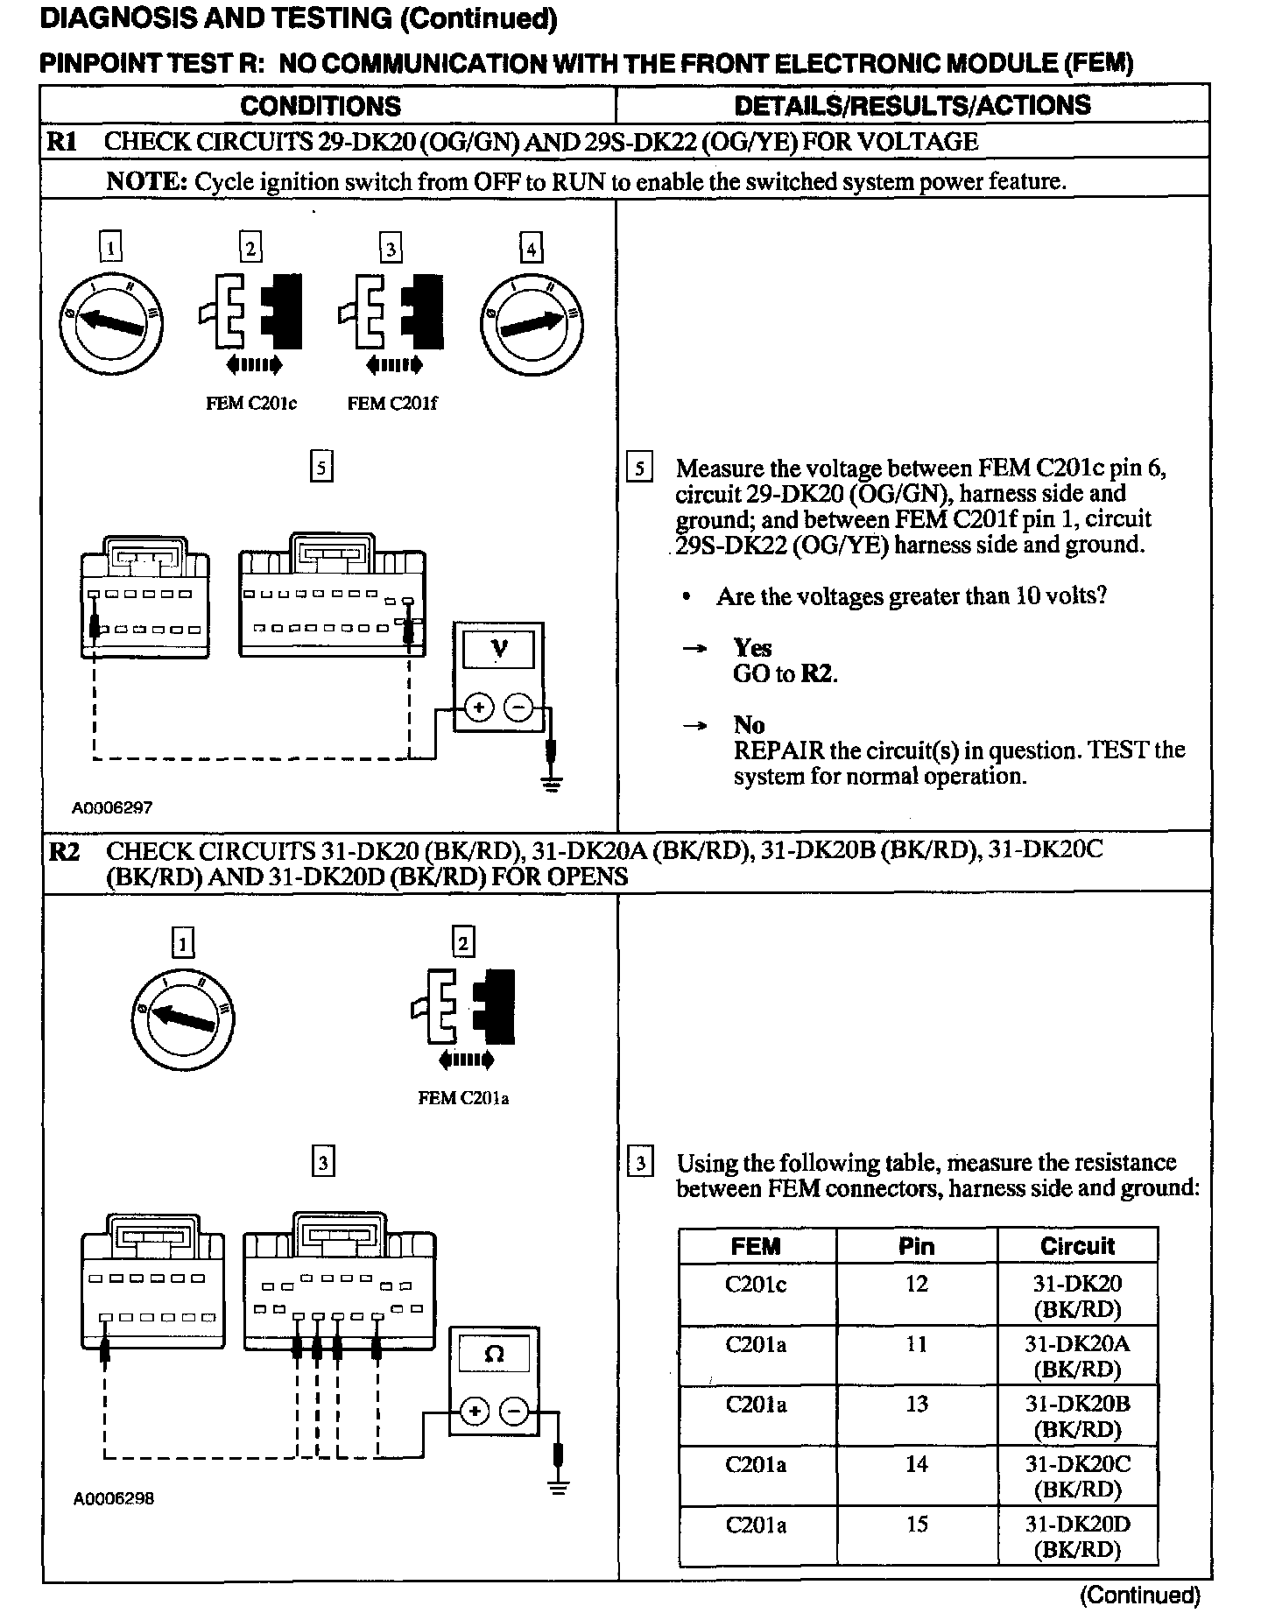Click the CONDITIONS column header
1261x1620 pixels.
point(321,106)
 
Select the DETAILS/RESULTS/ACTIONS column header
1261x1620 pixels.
point(912,105)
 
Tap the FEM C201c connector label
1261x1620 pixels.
point(251,404)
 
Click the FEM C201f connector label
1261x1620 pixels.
point(392,404)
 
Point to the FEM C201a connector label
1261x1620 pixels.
point(463,1098)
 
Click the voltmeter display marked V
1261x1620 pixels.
point(498,650)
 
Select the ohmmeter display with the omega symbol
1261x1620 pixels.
point(494,1355)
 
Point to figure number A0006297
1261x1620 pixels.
point(112,808)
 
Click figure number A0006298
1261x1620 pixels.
point(114,1498)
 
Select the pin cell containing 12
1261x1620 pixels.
point(916,1285)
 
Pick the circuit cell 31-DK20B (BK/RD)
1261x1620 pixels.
point(1077,1416)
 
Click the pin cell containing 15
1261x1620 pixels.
point(916,1525)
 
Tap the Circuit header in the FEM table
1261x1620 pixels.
point(1077,1246)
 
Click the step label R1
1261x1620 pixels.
point(62,141)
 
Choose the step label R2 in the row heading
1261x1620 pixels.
point(64,851)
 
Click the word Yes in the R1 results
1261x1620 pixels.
point(752,648)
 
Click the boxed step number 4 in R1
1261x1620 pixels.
point(531,249)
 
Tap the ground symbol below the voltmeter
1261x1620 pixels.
point(552,782)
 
